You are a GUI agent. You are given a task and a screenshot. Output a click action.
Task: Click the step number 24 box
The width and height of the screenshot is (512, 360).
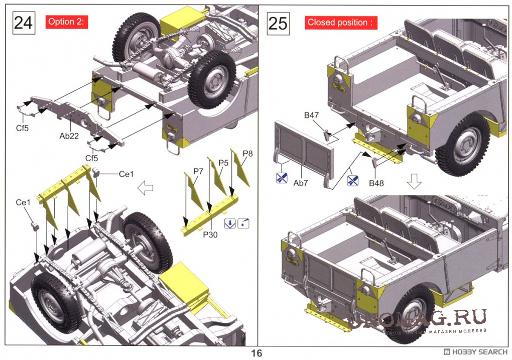point(23,23)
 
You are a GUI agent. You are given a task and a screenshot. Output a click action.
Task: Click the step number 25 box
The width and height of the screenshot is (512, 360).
point(278,23)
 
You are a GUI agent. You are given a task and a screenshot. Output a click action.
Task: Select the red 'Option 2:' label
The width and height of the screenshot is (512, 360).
point(67,22)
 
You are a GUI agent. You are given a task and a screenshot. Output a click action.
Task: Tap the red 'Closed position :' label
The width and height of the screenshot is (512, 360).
point(340,23)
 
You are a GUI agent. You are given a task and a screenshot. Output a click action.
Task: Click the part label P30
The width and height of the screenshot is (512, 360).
point(210,233)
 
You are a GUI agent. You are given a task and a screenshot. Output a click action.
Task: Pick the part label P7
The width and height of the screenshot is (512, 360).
point(198,171)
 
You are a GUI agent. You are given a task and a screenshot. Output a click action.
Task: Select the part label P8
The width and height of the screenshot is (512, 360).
point(247,153)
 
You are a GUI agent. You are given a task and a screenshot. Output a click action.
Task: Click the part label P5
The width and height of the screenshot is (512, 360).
point(223,163)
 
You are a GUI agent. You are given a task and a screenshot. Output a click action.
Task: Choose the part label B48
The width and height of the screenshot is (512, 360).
point(376,183)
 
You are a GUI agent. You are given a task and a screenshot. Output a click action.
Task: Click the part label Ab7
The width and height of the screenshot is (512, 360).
point(300,183)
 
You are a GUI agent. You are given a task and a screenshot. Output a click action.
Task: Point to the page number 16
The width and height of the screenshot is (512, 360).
point(256,353)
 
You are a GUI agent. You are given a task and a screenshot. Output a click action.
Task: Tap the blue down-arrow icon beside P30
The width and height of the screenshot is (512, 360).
point(230,223)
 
